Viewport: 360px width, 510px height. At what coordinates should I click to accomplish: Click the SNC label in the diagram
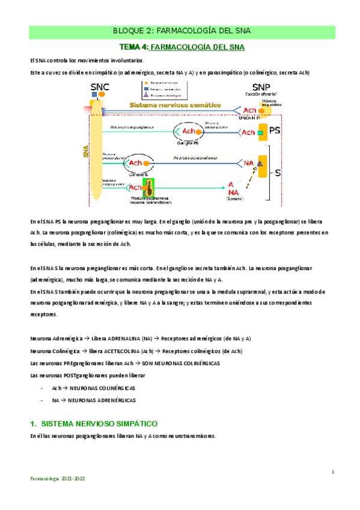96,87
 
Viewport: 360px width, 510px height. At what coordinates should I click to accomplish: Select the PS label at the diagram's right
275,131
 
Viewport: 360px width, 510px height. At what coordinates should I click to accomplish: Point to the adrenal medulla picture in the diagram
148,186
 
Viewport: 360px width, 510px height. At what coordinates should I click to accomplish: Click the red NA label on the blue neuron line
248,162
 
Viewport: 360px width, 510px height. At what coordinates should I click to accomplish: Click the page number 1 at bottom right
332,473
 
